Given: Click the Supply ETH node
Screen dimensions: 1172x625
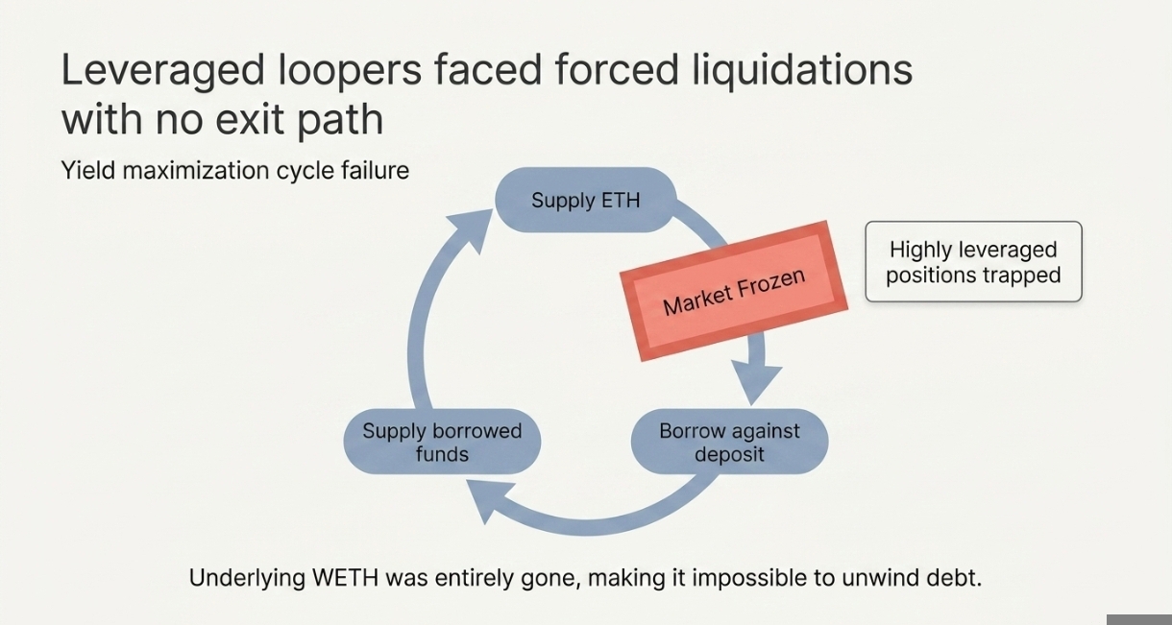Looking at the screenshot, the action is coord(585,200).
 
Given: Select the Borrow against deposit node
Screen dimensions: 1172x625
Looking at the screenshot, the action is coord(729,442).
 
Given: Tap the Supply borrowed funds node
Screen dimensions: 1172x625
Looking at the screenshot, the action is coord(442,442).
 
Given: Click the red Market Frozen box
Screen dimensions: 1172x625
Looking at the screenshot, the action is coord(734,291).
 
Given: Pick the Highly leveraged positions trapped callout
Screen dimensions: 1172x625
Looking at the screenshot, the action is coord(973,262).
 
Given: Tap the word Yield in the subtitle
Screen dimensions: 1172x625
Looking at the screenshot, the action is coord(85,171).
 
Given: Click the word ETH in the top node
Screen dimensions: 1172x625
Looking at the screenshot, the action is coord(620,200).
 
